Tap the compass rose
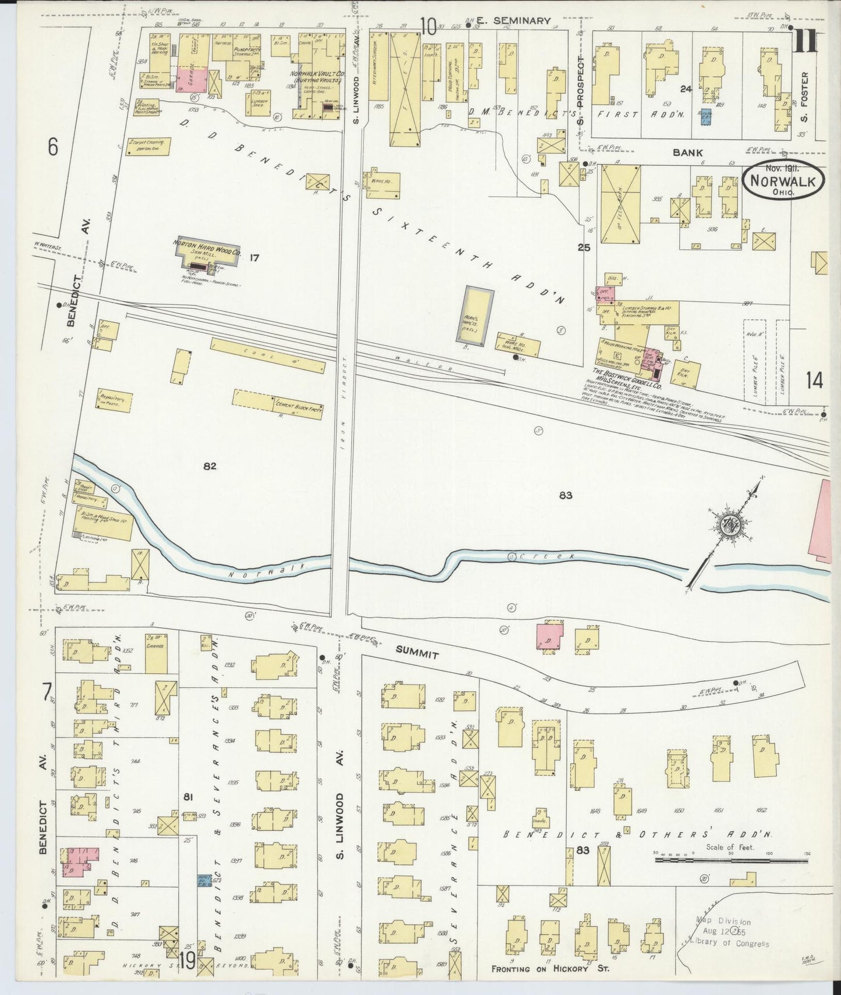(730, 525)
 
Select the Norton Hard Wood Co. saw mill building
(207, 254)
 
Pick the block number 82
(210, 466)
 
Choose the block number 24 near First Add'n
(686, 88)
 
